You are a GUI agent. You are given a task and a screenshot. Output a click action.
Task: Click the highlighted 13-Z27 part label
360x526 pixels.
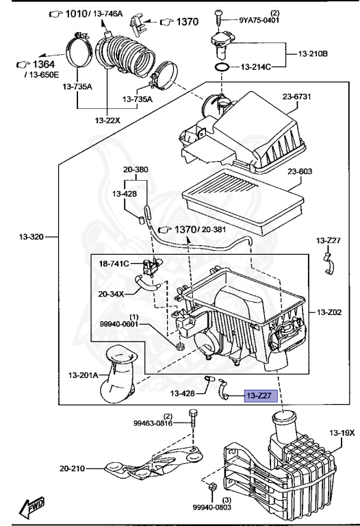[258, 395]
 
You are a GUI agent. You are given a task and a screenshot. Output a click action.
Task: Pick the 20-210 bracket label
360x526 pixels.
[73, 468]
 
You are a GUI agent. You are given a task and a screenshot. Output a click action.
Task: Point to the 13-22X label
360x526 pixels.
[107, 121]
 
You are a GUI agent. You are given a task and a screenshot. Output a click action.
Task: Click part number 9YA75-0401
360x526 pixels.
[260, 20]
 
